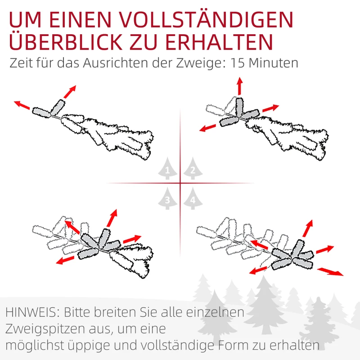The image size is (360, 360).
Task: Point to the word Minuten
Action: [275, 63]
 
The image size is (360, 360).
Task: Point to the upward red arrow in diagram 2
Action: [239, 85]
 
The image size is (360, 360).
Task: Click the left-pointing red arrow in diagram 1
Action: [22, 105]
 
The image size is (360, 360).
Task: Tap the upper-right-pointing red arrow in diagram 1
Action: [69, 91]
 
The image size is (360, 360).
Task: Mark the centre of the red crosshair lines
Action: [180, 183]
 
